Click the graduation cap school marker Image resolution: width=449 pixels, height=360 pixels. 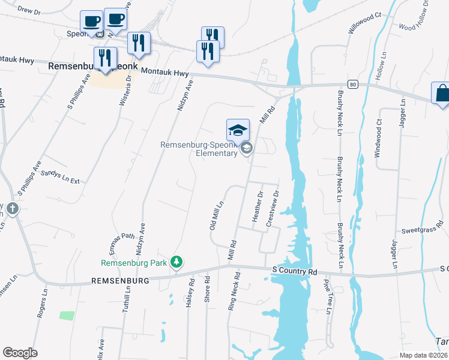(x=238, y=130)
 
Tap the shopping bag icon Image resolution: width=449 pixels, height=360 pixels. (x=442, y=94)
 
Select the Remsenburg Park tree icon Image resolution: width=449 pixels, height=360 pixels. (x=176, y=262)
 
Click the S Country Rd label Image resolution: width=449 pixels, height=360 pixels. (x=294, y=271)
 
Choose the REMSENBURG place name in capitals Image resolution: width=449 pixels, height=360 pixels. (x=119, y=280)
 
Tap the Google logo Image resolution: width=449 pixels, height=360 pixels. (x=20, y=353)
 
